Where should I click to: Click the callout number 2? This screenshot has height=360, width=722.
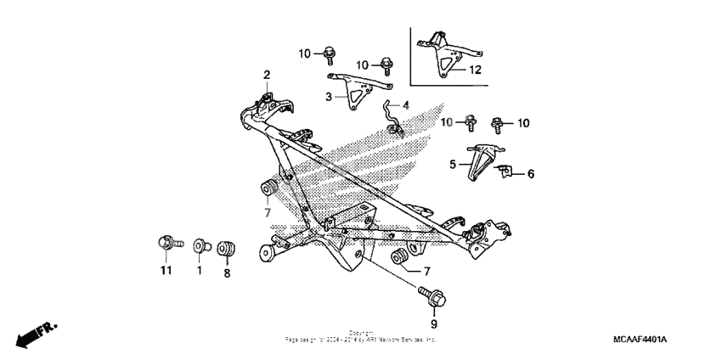coord(266,76)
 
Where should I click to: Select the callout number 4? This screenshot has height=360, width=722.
coord(406,106)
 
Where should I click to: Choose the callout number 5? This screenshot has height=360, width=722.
coord(454,164)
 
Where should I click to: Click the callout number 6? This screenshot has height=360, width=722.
coord(531,174)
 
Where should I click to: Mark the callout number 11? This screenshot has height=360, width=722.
coord(166,271)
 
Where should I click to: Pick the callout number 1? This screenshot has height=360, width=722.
coord(200,271)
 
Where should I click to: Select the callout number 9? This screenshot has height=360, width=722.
coord(433,324)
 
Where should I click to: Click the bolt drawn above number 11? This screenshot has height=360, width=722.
coord(166,244)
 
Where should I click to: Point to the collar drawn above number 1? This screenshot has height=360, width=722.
coord(200,246)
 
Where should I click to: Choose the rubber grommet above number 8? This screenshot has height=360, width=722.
coord(227,250)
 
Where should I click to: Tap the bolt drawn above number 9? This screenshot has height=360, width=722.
coord(430,298)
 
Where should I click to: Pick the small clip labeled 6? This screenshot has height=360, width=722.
coord(505,171)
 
